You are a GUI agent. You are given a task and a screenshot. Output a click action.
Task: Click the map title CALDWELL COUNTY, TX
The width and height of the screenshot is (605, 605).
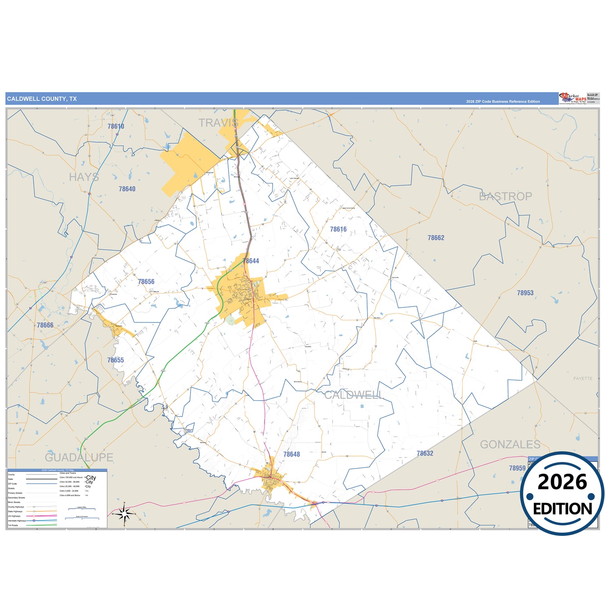click(x=42, y=99)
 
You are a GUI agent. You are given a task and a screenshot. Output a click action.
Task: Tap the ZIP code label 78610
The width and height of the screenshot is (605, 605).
click(x=116, y=126)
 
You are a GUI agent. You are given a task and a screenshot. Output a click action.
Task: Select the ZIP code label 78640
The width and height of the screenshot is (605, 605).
click(x=127, y=189)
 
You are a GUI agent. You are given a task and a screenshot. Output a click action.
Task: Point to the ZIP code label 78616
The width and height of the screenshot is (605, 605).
click(x=338, y=229)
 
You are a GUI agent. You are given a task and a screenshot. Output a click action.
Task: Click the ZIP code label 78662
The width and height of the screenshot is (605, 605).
click(x=436, y=238)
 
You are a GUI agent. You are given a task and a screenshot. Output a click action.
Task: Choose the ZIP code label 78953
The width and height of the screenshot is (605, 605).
click(x=525, y=293)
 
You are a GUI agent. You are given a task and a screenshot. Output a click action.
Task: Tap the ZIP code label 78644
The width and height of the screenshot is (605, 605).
click(x=251, y=261)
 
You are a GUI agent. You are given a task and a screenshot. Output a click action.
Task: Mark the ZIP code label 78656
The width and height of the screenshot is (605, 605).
click(x=146, y=282)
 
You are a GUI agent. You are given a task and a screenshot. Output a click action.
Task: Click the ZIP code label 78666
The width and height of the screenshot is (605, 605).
click(x=45, y=325)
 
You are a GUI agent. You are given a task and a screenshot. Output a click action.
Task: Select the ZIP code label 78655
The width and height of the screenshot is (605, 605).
click(x=116, y=360)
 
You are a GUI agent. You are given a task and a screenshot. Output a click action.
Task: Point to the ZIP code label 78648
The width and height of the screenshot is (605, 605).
click(x=291, y=454)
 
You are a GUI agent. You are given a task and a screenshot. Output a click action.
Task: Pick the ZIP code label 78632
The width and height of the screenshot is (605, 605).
click(x=425, y=453)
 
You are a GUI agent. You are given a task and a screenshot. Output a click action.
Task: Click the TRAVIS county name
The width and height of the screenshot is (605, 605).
click(x=218, y=123)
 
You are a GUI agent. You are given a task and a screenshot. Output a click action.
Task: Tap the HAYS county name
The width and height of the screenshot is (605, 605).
click(x=84, y=177)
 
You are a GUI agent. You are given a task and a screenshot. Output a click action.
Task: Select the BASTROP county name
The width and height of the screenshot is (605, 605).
click(x=505, y=196)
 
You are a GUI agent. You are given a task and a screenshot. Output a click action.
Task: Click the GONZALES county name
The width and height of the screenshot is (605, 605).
click(x=510, y=445)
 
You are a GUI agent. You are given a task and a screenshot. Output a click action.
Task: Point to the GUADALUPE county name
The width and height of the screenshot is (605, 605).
click(x=79, y=457)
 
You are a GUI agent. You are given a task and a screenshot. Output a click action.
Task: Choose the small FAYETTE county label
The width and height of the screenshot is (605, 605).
click(x=583, y=378)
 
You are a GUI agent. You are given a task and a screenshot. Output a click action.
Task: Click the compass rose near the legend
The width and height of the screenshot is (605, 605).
click(x=124, y=513)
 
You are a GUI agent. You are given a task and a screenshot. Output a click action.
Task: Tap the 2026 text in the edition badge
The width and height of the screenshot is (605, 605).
click(x=562, y=482)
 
